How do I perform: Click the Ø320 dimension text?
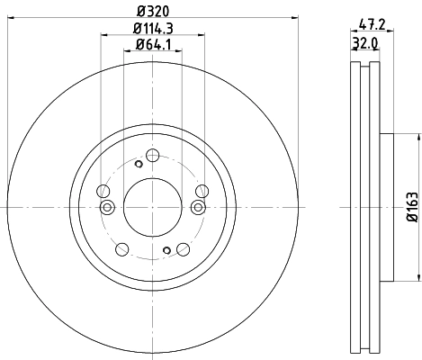point(149,11)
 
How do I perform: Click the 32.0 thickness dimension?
point(363,41)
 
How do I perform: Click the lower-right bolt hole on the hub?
point(183,248)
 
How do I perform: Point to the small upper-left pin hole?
point(138,164)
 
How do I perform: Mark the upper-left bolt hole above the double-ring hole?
point(103,192)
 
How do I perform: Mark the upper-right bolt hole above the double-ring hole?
point(202,191)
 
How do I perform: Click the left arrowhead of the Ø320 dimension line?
point(11,19)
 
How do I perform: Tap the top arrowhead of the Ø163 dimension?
point(418,138)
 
